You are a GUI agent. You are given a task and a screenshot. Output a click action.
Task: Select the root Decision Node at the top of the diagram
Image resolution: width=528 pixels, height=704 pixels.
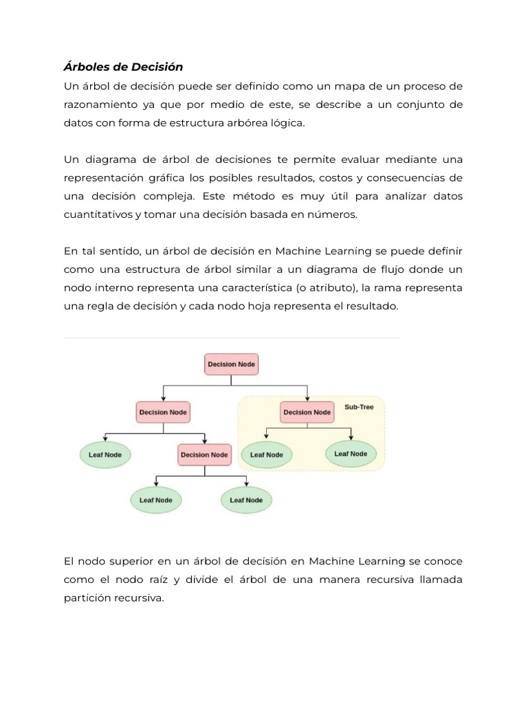[232, 364]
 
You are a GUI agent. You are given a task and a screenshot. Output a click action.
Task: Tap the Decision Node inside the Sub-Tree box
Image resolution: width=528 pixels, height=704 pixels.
[307, 412]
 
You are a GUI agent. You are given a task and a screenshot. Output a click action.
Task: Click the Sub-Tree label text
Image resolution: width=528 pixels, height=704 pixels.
[359, 407]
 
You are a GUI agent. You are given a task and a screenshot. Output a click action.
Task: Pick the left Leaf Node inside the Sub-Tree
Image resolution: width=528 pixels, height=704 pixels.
[266, 454]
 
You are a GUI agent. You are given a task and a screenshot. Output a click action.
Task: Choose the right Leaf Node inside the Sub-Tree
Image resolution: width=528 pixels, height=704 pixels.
[351, 454]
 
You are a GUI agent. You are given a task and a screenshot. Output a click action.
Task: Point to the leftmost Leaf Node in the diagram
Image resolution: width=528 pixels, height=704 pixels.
[105, 454]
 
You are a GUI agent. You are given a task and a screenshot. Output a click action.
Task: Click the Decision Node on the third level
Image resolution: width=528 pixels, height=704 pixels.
[203, 454]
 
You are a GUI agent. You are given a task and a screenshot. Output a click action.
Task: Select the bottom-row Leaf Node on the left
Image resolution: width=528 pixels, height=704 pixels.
[156, 500]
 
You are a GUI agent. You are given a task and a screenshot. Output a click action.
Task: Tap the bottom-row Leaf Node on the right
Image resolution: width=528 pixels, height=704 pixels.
[246, 500]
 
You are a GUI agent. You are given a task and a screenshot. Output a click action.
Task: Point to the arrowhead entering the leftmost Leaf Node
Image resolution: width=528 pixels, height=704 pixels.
[105, 440]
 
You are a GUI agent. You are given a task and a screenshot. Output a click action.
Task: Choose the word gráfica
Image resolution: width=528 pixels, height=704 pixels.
[169, 179]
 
